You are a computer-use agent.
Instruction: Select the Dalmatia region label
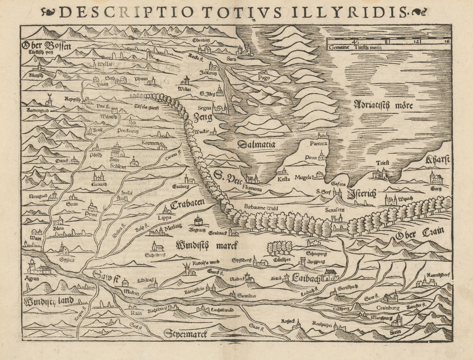coord(256,144)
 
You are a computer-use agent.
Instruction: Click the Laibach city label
coord(306,278)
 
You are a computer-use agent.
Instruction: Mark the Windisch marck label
coord(207,245)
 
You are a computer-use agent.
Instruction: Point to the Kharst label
coord(437,160)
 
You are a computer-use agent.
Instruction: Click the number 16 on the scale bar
coord(447,42)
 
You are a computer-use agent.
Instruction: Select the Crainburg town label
coord(388,308)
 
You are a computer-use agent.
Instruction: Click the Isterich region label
coord(362,193)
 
